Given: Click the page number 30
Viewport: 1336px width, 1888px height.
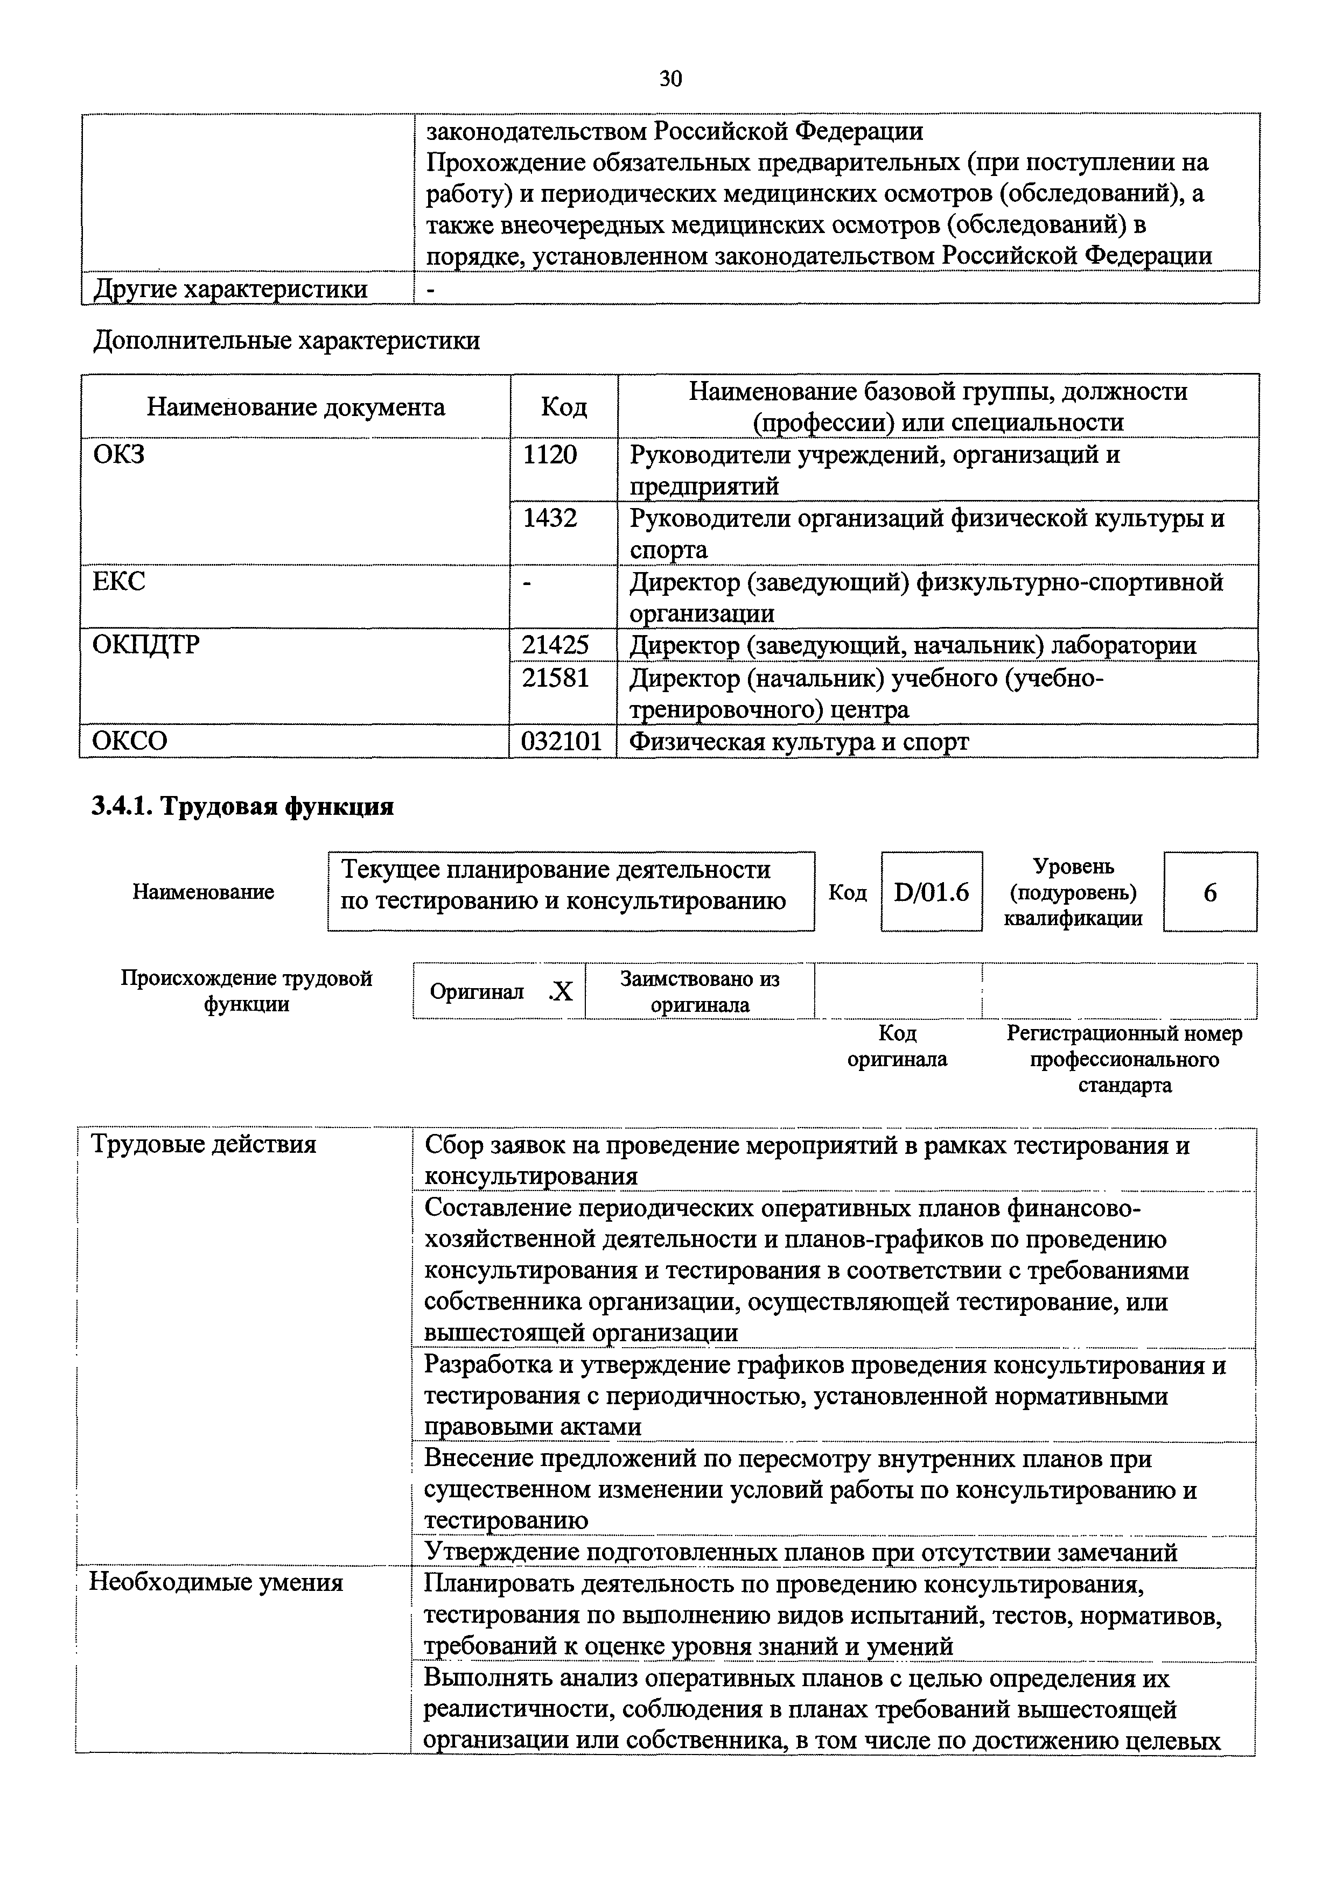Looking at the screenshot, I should pyautogui.click(x=670, y=79).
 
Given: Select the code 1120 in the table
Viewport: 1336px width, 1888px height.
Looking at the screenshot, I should pyautogui.click(x=550, y=455).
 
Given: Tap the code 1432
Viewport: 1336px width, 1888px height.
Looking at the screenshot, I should pyautogui.click(x=550, y=518).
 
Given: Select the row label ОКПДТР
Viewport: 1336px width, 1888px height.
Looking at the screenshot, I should pyautogui.click(x=145, y=645).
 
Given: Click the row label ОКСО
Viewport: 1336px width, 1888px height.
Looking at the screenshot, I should pyautogui.click(x=130, y=742).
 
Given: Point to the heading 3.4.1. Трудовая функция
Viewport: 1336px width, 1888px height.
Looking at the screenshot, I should pyautogui.click(x=243, y=807).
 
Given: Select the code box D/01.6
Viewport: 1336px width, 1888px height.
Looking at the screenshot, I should pyautogui.click(x=931, y=892).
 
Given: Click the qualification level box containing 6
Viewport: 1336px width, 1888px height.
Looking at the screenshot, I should pyautogui.click(x=1209, y=892).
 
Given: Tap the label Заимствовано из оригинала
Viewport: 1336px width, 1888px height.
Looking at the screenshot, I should pyautogui.click(x=700, y=992).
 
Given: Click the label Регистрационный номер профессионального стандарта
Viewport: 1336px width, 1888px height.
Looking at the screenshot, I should pyautogui.click(x=1124, y=1059).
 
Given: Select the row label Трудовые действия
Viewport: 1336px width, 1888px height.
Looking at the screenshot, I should pyautogui.click(x=203, y=1145).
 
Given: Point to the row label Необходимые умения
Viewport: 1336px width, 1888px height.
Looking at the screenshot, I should pyautogui.click(x=215, y=1582).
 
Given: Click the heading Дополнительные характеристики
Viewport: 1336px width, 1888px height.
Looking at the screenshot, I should pyautogui.click(x=286, y=341).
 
